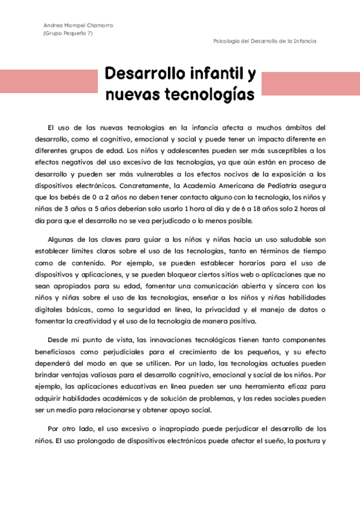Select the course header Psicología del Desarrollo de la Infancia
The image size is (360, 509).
(x=265, y=41)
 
